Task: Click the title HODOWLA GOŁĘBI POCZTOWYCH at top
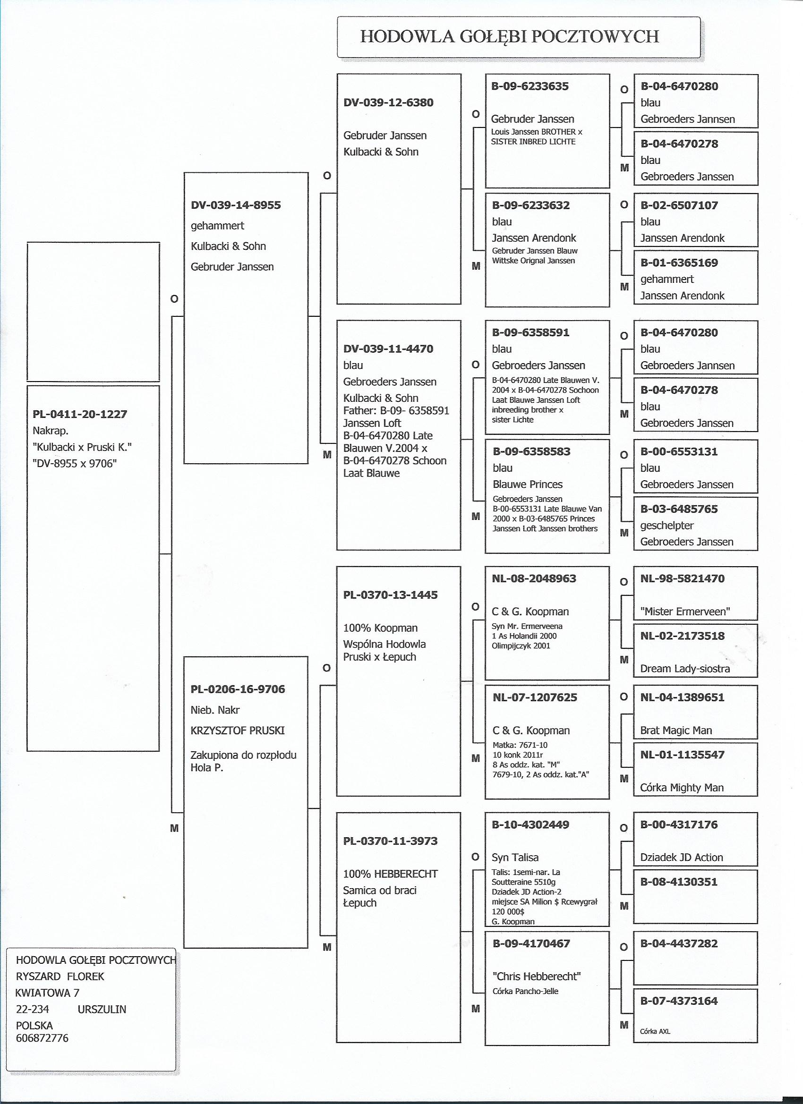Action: coord(509,36)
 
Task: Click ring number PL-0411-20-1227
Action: coord(80,414)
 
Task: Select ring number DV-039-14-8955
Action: coord(236,205)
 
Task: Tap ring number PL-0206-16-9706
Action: coord(238,689)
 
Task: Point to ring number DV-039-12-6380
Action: coord(388,102)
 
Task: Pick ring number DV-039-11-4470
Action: coord(388,348)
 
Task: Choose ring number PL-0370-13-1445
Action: coord(390,594)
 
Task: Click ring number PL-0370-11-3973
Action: coord(390,841)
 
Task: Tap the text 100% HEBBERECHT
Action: coord(390,874)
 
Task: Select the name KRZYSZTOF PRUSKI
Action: coord(238,730)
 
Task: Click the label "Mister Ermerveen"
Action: coord(684,611)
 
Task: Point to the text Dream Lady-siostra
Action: coord(684,668)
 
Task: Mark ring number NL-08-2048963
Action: coord(534,578)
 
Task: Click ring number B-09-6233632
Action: coord(531,205)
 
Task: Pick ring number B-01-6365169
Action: coord(679,263)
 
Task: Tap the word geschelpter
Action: coord(666,525)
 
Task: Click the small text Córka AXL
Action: coord(655,1031)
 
